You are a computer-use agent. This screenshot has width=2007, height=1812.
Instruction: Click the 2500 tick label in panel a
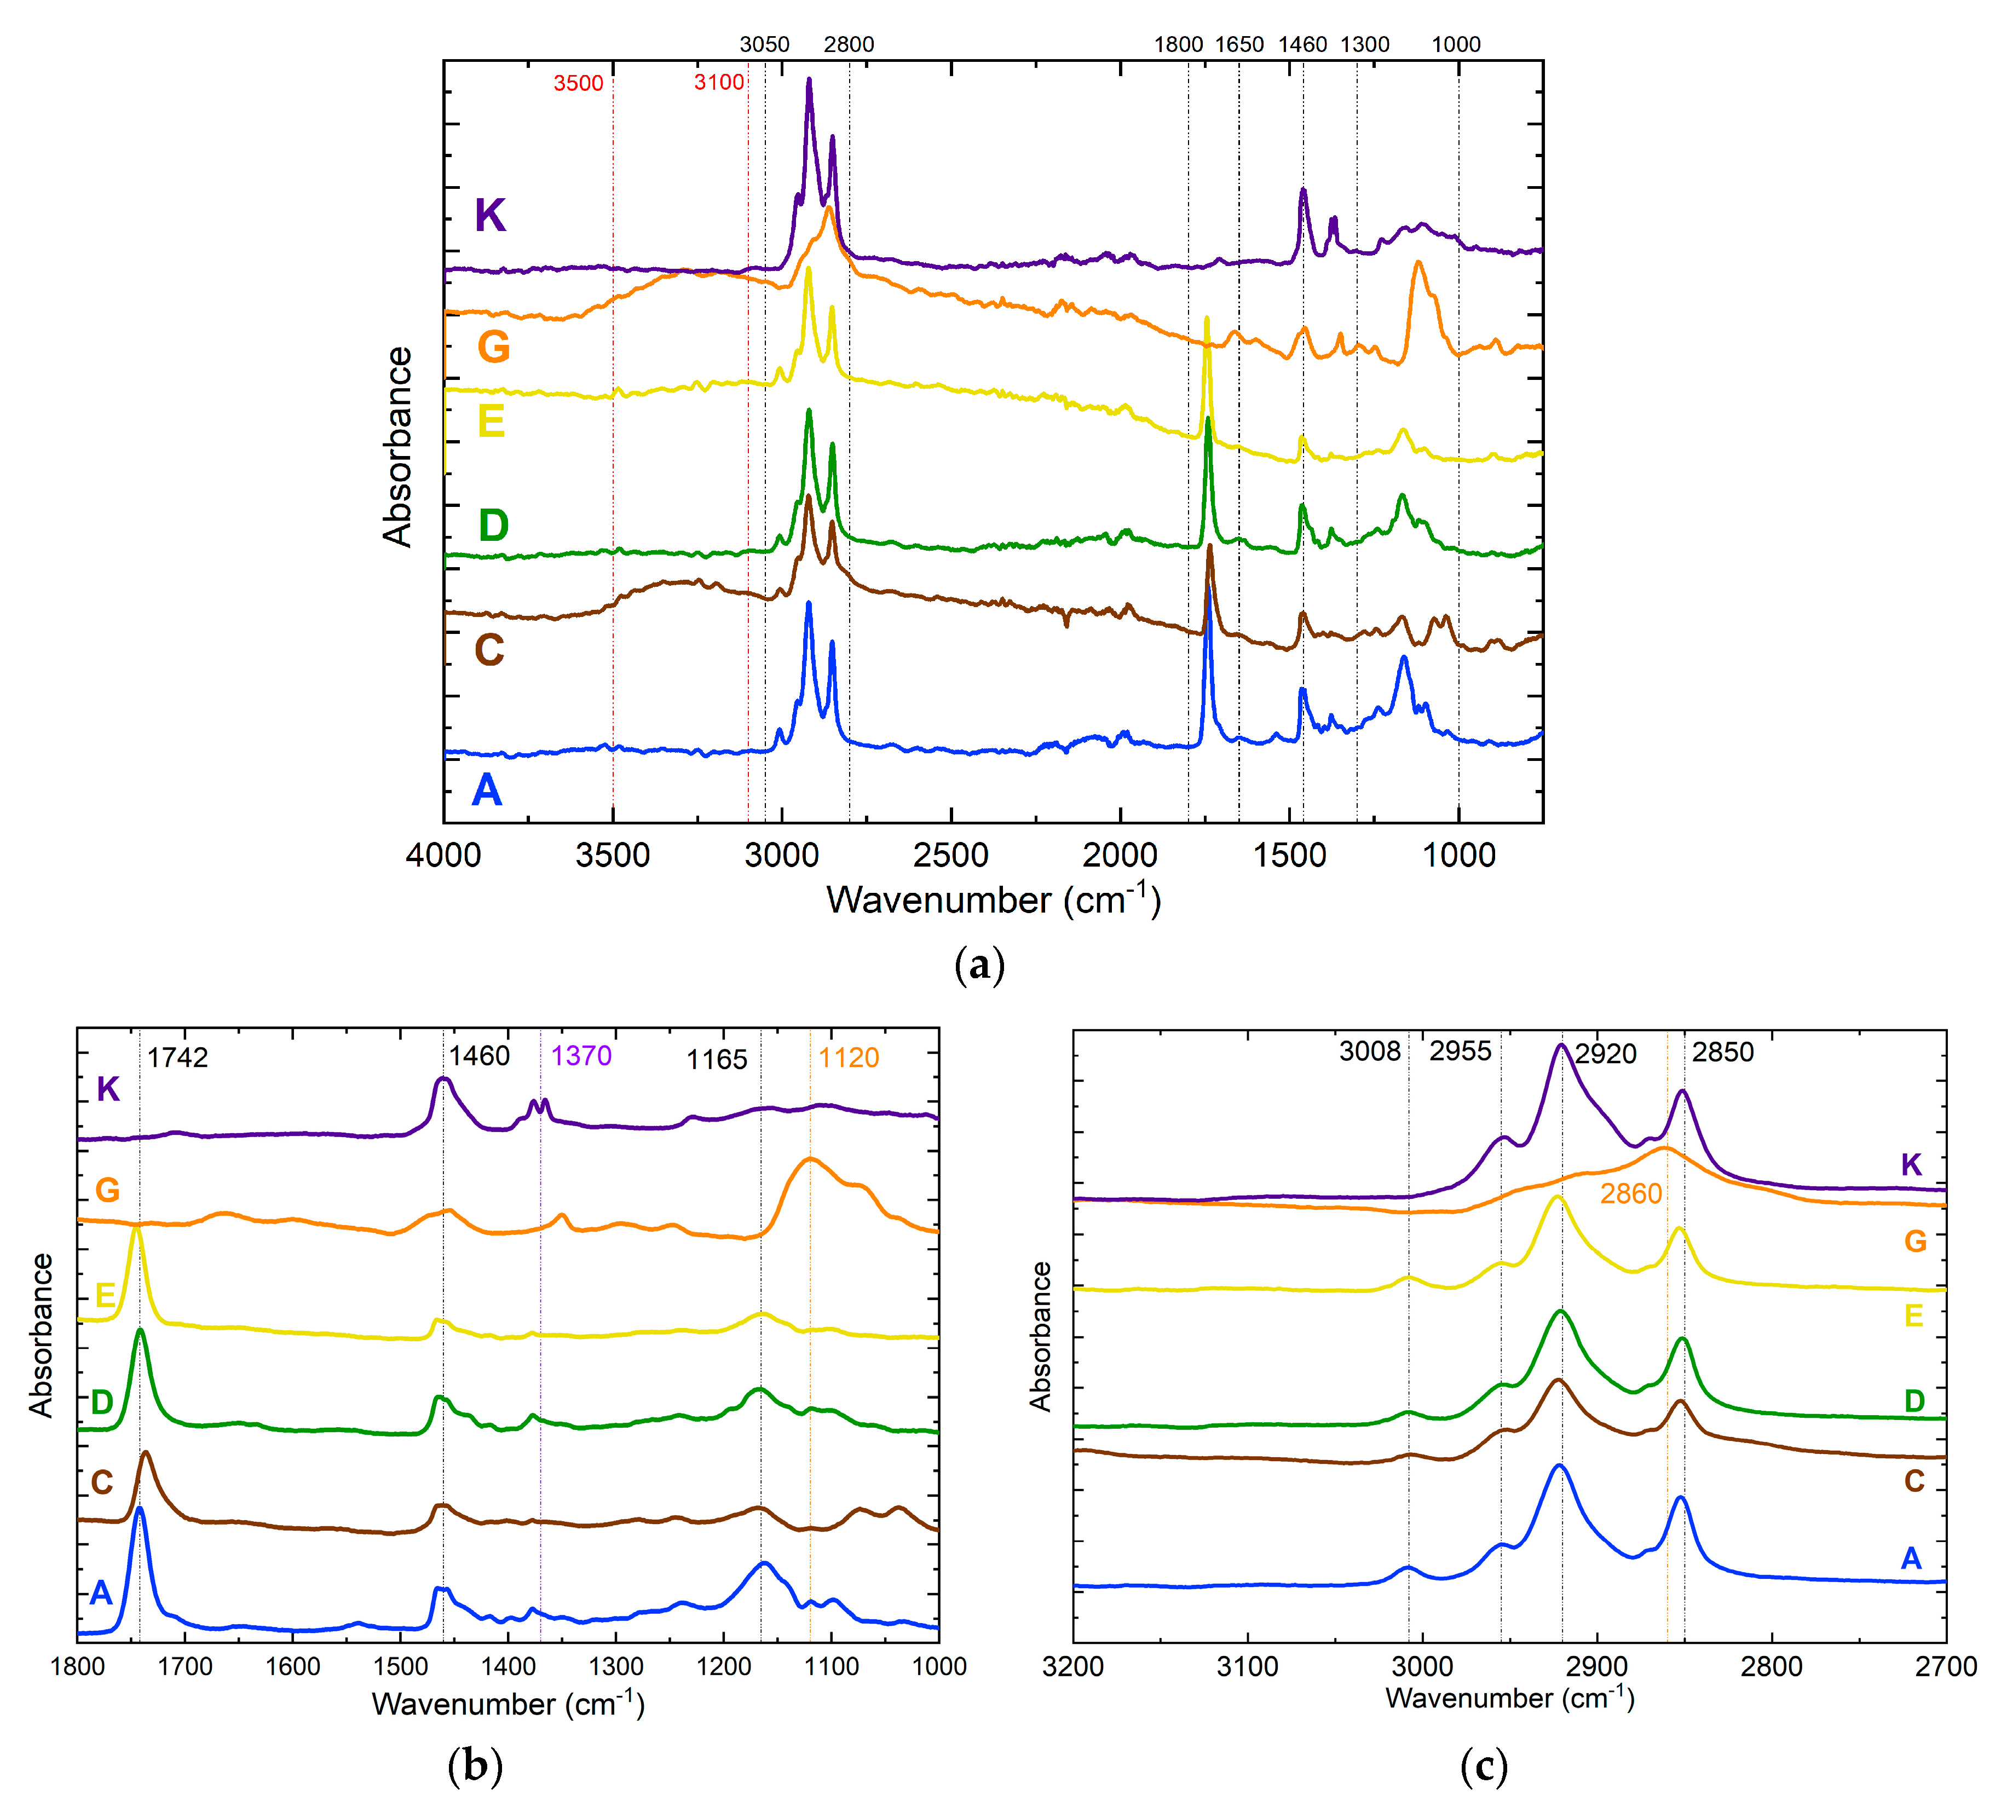951,855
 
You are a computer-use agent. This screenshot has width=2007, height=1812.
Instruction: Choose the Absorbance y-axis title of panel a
398,447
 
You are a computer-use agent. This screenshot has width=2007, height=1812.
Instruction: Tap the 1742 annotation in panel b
178,1057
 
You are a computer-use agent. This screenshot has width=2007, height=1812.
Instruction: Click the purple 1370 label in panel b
581,1055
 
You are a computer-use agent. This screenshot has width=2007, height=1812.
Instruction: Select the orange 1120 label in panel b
849,1057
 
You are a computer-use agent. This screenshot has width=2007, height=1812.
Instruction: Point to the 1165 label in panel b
717,1059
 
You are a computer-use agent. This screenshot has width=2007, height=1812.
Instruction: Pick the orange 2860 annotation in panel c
1631,1194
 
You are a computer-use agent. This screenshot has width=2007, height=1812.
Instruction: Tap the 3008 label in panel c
1370,1052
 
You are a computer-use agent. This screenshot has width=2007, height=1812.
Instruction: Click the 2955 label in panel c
1461,1052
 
